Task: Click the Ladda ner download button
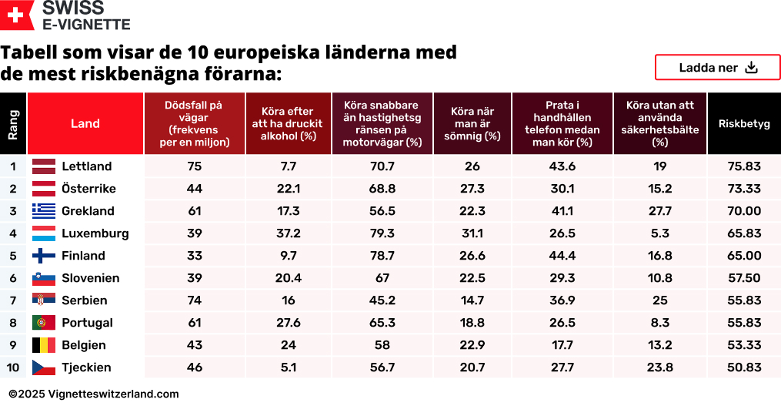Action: click(717, 68)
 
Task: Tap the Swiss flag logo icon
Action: click(17, 15)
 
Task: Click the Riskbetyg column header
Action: click(743, 123)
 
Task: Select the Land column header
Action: click(85, 123)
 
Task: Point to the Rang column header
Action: click(13, 123)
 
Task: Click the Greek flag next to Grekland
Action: click(43, 211)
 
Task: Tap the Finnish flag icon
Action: click(43, 256)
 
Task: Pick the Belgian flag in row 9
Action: click(43, 345)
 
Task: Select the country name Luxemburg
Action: click(95, 233)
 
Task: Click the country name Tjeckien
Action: click(86, 367)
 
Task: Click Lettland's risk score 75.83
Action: click(743, 166)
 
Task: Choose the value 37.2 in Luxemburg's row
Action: click(289, 233)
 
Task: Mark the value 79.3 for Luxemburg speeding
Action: click(382, 233)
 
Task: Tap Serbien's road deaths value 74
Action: click(194, 300)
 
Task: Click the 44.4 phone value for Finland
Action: click(562, 256)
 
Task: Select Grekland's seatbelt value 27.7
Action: click(659, 211)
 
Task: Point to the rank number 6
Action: click(13, 278)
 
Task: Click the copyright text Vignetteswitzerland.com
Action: click(94, 394)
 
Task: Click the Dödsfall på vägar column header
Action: click(194, 123)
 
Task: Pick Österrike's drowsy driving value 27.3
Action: click(472, 189)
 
